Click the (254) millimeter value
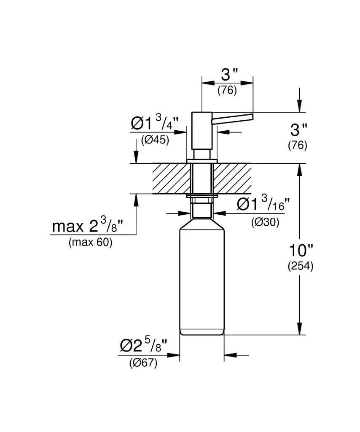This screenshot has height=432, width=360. pyautogui.click(x=300, y=267)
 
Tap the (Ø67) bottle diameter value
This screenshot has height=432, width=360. pyautogui.click(x=143, y=363)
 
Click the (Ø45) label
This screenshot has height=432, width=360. pyautogui.click(x=155, y=140)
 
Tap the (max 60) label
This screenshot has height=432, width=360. pyautogui.click(x=90, y=243)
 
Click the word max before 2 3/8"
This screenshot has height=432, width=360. pyautogui.click(x=67, y=227)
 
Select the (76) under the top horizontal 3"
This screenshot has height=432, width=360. pyautogui.click(x=227, y=90)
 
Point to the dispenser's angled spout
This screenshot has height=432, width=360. pyautogui.click(x=233, y=118)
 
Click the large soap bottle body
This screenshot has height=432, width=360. pyautogui.click(x=202, y=278)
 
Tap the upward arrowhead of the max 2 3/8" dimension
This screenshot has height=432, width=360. pyautogui.click(x=136, y=200)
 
